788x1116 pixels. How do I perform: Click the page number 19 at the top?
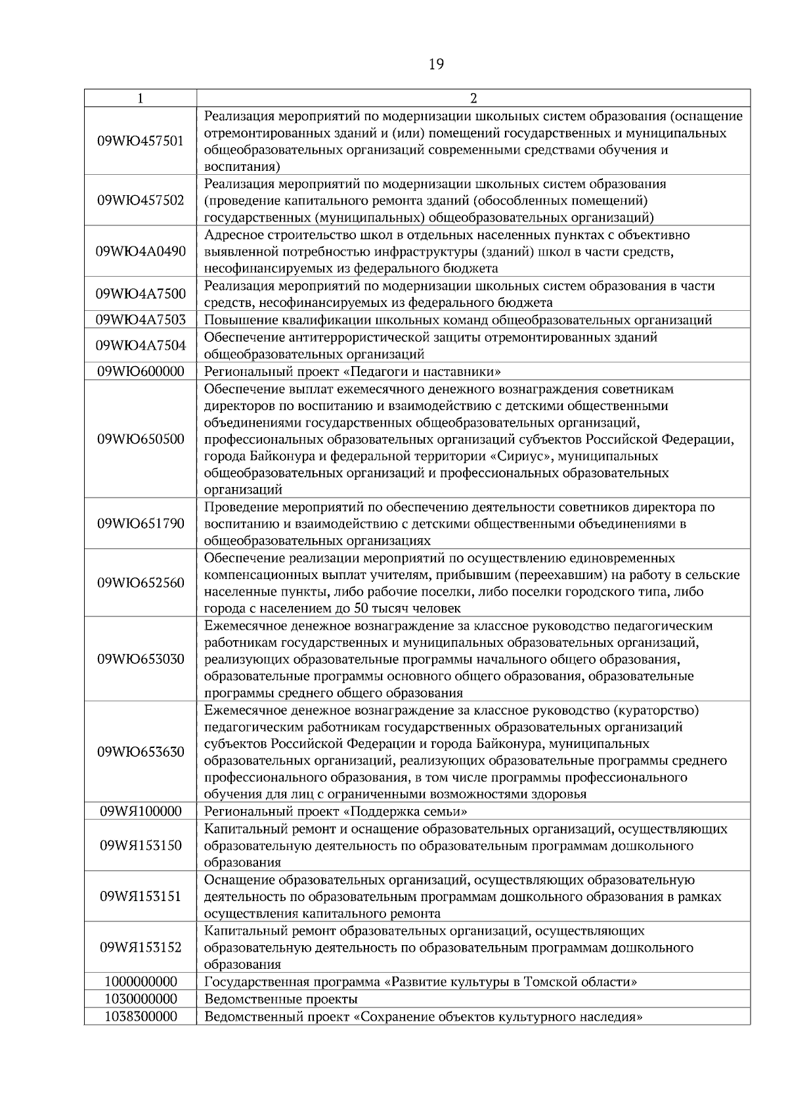pos(436,64)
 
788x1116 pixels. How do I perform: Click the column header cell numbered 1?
pos(141,99)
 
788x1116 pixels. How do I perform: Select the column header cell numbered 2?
pos(473,99)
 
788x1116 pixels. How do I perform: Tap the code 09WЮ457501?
pos(141,141)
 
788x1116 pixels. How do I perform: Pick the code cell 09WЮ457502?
pos(141,200)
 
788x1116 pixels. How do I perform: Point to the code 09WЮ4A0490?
pos(141,251)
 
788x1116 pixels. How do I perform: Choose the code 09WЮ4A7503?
pos(141,320)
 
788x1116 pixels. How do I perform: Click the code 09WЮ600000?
pos(141,371)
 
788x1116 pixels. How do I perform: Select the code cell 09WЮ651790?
pos(141,524)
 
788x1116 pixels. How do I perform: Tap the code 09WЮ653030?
pos(141,659)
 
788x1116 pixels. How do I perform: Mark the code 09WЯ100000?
pos(141,811)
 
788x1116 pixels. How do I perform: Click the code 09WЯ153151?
pos(141,896)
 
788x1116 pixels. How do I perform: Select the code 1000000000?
pos(141,982)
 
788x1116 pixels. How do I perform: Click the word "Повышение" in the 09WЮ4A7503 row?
pos(236,321)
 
